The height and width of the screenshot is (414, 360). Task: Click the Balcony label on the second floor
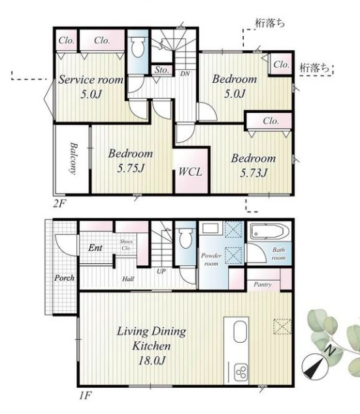[x=74, y=159]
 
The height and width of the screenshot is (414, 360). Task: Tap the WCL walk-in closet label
[x=190, y=172]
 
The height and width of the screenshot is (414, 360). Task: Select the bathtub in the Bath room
[x=267, y=232]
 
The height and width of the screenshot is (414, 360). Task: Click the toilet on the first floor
[x=185, y=238]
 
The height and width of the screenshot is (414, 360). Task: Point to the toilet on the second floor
[x=138, y=46]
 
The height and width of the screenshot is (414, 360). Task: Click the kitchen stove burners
[x=241, y=372]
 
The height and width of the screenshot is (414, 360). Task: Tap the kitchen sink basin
[x=240, y=332]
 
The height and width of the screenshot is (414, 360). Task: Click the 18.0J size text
[x=152, y=360]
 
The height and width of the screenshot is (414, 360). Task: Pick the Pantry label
[x=263, y=285]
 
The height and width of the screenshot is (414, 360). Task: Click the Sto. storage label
[x=161, y=70]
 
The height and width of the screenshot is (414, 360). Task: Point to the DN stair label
[x=185, y=74]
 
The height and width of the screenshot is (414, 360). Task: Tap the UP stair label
[x=161, y=271]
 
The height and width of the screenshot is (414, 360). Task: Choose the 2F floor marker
[x=59, y=204]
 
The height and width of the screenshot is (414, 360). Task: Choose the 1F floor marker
[x=86, y=396]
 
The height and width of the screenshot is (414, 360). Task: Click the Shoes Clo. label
[x=126, y=245]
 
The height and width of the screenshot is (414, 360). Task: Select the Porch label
[x=64, y=278]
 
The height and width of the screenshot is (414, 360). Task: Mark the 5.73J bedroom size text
[x=254, y=173]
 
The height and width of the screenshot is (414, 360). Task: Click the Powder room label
[x=211, y=259]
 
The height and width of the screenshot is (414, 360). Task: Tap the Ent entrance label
[x=95, y=247]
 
